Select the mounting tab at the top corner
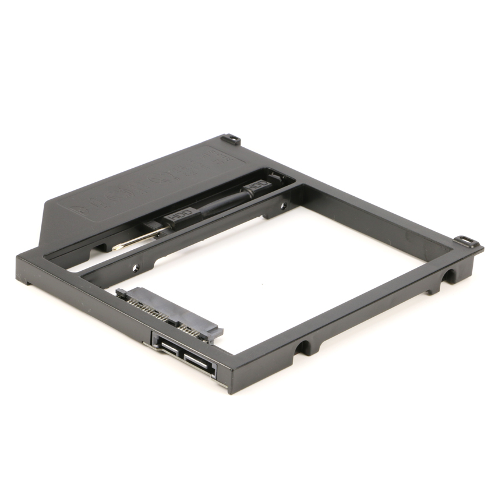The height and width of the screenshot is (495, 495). pyautogui.click(x=232, y=140)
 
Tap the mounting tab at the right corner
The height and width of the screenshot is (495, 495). pyautogui.click(x=466, y=241)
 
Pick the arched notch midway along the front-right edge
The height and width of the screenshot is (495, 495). pyautogui.click(x=303, y=348)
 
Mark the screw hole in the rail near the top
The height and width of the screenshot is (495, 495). pyautogui.click(x=284, y=205)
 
